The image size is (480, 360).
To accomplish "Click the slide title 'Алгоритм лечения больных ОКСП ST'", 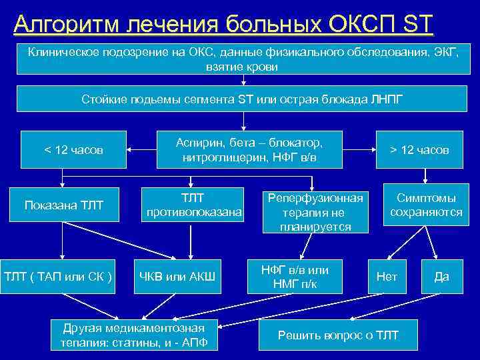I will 223,25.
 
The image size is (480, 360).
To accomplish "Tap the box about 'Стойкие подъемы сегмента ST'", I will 243,99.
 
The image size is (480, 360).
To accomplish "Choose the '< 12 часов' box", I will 73,150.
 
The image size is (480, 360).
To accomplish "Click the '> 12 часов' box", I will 419,150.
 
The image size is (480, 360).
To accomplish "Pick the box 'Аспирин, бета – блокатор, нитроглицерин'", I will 249,149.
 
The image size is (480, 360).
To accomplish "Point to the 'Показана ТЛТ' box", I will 64,205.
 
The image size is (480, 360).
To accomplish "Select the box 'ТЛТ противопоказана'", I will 193,205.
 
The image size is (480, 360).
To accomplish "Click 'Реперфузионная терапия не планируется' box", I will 315,212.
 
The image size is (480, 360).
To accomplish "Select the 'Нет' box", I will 387,276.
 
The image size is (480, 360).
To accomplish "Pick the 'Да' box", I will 441,276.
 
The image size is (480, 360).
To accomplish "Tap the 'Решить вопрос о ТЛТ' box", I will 337,335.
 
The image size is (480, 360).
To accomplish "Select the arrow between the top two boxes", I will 243,81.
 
